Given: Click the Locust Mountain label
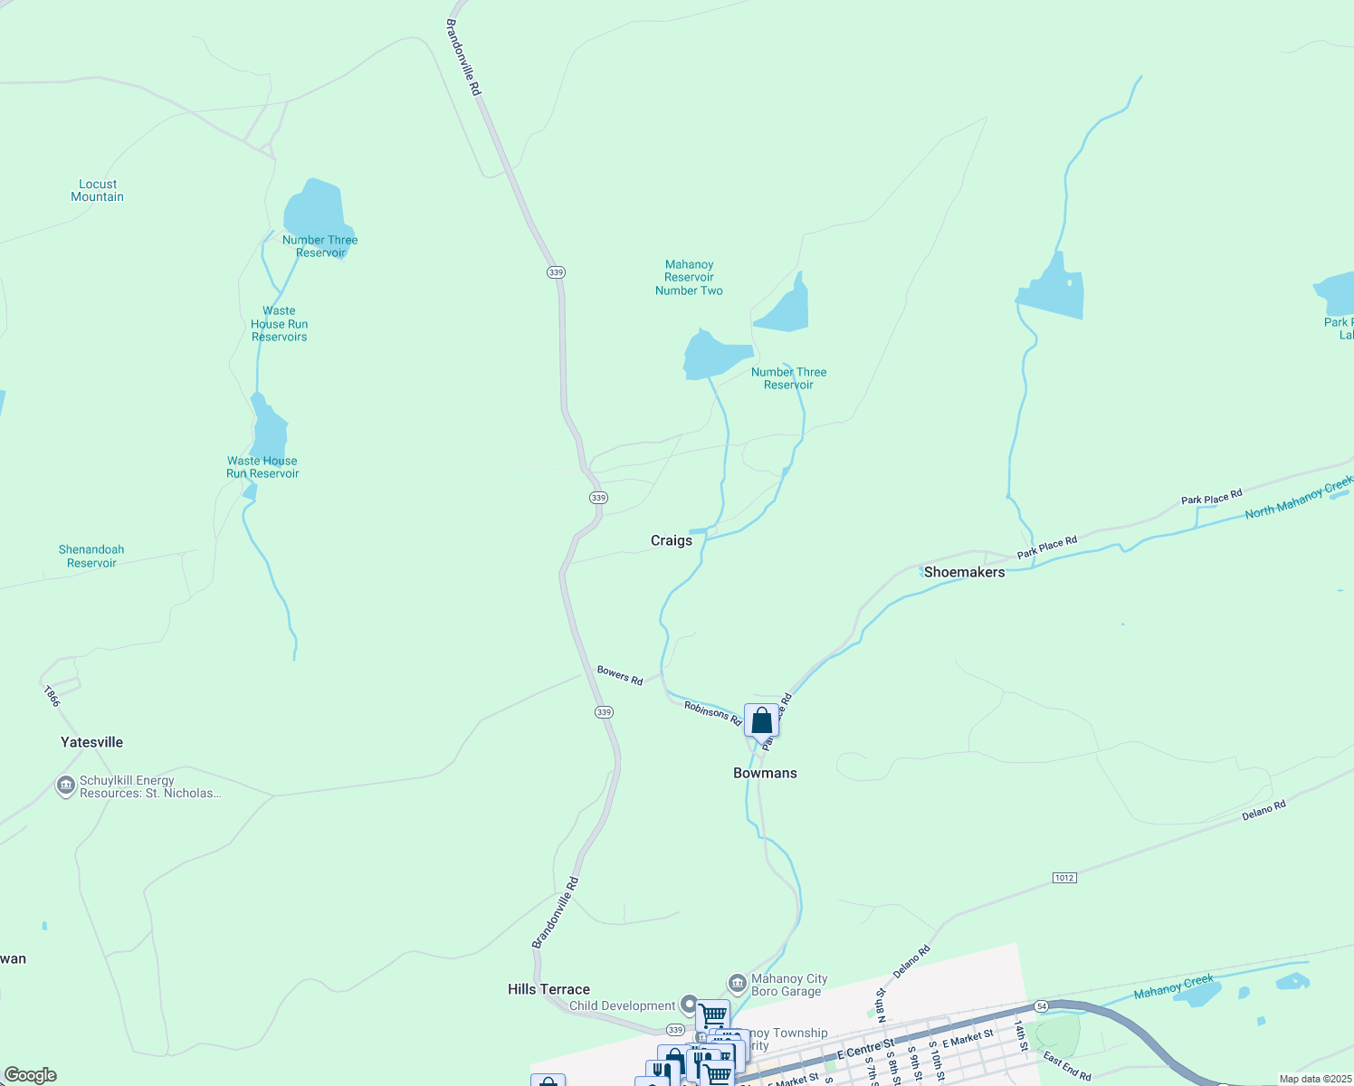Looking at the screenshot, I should pos(98,190).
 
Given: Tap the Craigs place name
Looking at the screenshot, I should pos(672,540).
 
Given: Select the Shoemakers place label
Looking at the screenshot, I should pos(964,572).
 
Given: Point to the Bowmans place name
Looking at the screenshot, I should pos(765,773).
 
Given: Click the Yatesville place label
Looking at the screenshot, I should pos(91,742).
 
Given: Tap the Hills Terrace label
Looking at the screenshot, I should pos(548,989).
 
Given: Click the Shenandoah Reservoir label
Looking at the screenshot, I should pos(91,556).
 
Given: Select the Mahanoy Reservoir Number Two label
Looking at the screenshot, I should pos(689,278).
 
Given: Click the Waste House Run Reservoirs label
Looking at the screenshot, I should pos(279,324).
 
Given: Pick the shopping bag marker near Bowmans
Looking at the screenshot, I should pos(761,720).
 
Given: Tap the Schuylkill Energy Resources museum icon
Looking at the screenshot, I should pos(65,786).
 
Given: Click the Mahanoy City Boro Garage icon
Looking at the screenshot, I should pos(737,983).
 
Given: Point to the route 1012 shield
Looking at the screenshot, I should pos(1064,878).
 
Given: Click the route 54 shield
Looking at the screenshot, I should pos(1042,1006).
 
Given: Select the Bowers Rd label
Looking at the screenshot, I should pos(620,675).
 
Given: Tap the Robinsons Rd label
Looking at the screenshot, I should pos(712,713).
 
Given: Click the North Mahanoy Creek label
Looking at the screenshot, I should pos(1298,499).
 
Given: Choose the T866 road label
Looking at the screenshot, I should pos(52,696).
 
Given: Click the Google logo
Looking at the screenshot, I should pos(31,1075).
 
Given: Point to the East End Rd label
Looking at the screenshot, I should pos(1067,1066).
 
